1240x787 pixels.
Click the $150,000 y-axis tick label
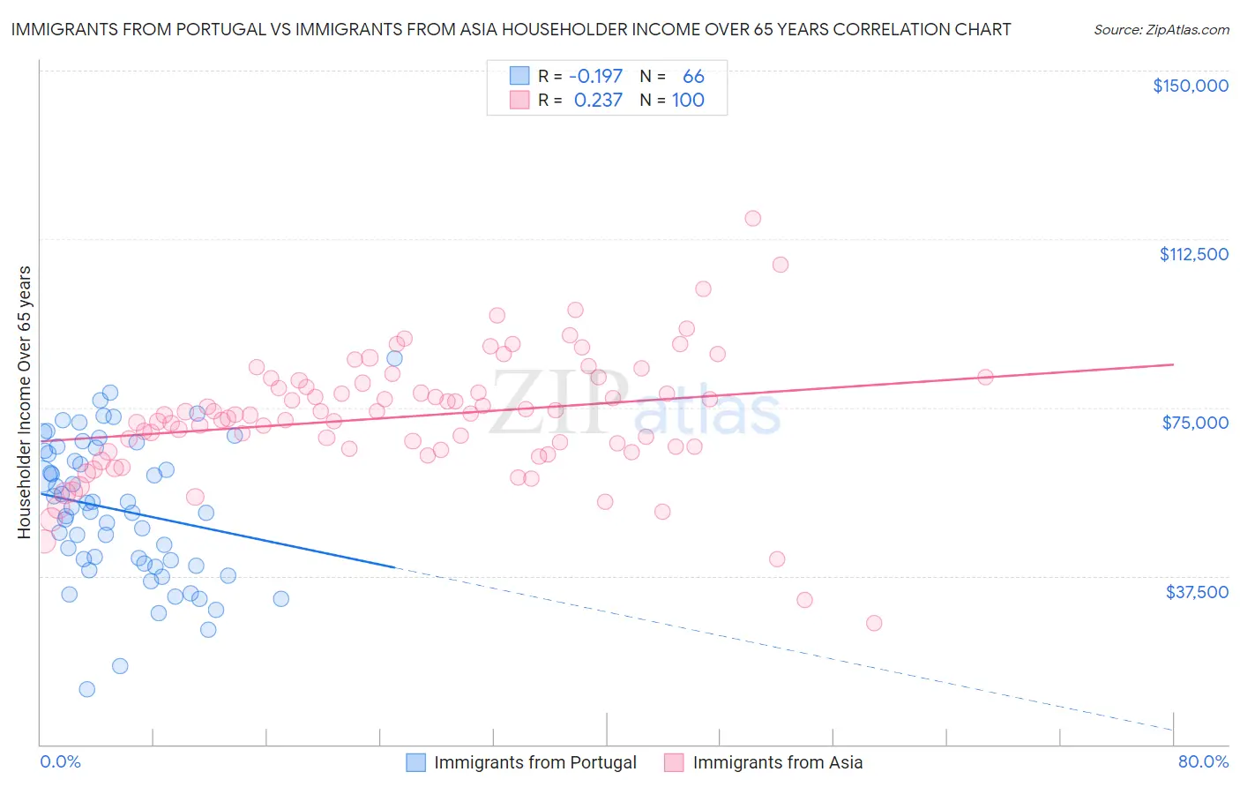click(x=1190, y=86)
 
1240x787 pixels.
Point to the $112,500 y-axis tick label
click(x=1193, y=254)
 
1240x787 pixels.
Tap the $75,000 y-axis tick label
click(x=1195, y=423)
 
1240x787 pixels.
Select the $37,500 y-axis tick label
click(x=1197, y=592)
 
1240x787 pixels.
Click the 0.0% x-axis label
click(x=60, y=761)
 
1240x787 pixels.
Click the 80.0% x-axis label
click(x=1203, y=761)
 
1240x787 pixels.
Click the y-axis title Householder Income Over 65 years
click(x=25, y=401)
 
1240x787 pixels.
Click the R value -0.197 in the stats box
click(x=595, y=76)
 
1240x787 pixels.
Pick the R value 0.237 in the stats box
click(x=598, y=100)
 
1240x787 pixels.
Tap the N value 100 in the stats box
click(x=688, y=100)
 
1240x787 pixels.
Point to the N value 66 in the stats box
click(x=693, y=76)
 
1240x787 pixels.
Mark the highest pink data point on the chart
click(x=752, y=218)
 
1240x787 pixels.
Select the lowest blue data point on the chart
click(x=86, y=689)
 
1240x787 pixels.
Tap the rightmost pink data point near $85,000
click(x=985, y=377)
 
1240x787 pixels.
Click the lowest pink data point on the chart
click(x=874, y=623)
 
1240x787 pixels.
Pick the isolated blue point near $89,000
click(x=394, y=358)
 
